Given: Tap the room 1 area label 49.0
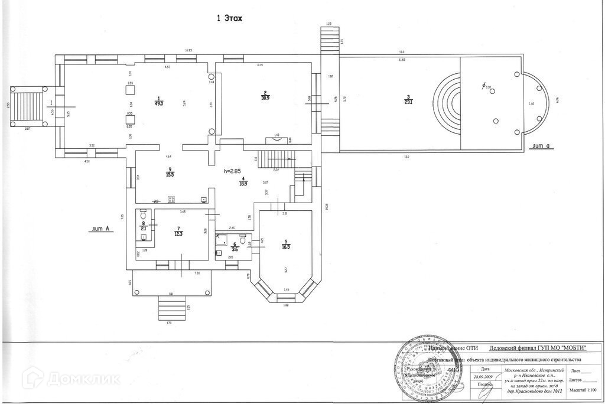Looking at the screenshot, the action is pos(158,103).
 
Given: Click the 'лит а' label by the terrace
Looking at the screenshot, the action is pos(541,145).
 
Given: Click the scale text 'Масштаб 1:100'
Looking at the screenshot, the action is pos(583,392).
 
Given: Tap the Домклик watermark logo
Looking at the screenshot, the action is pos(64,378).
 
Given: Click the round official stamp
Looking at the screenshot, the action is pos(430,369).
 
